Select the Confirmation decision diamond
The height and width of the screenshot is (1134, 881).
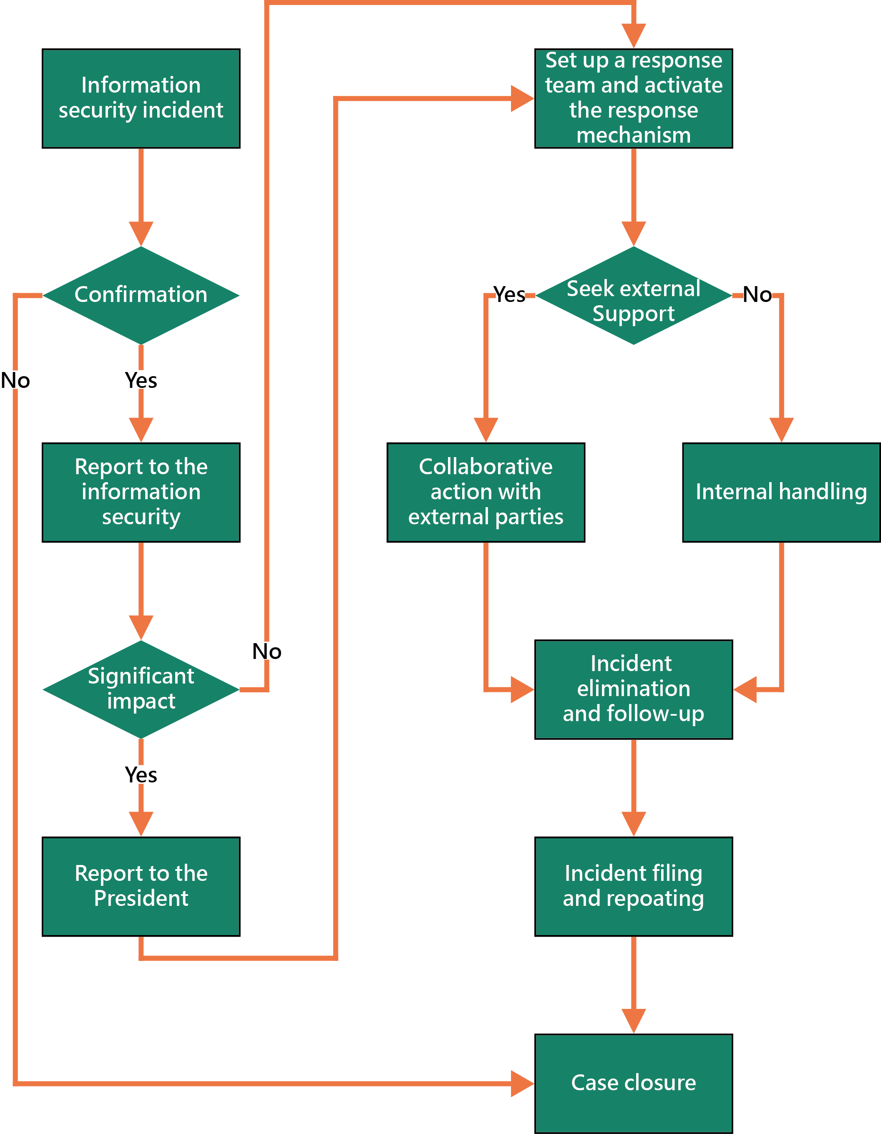[141, 295]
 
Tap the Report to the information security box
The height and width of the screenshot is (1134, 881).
[141, 492]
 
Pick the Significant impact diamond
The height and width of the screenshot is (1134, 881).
[141, 689]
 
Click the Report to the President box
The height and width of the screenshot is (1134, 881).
[141, 886]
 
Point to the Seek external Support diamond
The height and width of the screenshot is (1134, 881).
[634, 295]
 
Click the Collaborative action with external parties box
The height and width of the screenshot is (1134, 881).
[486, 492]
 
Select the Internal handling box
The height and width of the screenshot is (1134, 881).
[781, 492]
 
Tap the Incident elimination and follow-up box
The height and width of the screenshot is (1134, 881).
[634, 689]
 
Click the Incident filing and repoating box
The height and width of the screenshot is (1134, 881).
[634, 886]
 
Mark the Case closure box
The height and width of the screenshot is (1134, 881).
[634, 1083]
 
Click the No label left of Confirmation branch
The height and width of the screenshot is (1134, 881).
[15, 381]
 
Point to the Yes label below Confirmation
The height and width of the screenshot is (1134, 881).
[141, 381]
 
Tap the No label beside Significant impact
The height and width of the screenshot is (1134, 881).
[267, 651]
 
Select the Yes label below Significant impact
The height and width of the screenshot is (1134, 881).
[141, 774]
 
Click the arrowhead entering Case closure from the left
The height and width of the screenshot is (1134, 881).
[523, 1084]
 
